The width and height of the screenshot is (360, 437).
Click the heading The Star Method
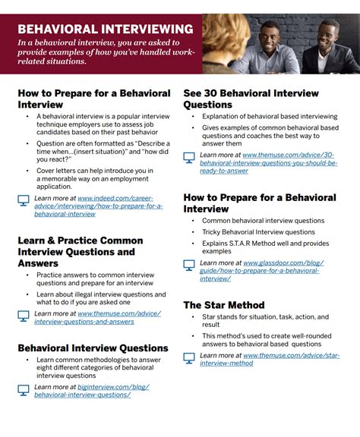tap(224, 305)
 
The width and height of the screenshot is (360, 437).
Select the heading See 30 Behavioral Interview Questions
tap(251, 99)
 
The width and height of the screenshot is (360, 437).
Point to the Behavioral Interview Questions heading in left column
tap(93, 348)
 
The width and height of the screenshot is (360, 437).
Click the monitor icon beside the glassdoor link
tap(189, 266)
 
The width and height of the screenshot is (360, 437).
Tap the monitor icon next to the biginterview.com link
tap(24, 390)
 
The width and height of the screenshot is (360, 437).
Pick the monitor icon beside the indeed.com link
tap(24, 202)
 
